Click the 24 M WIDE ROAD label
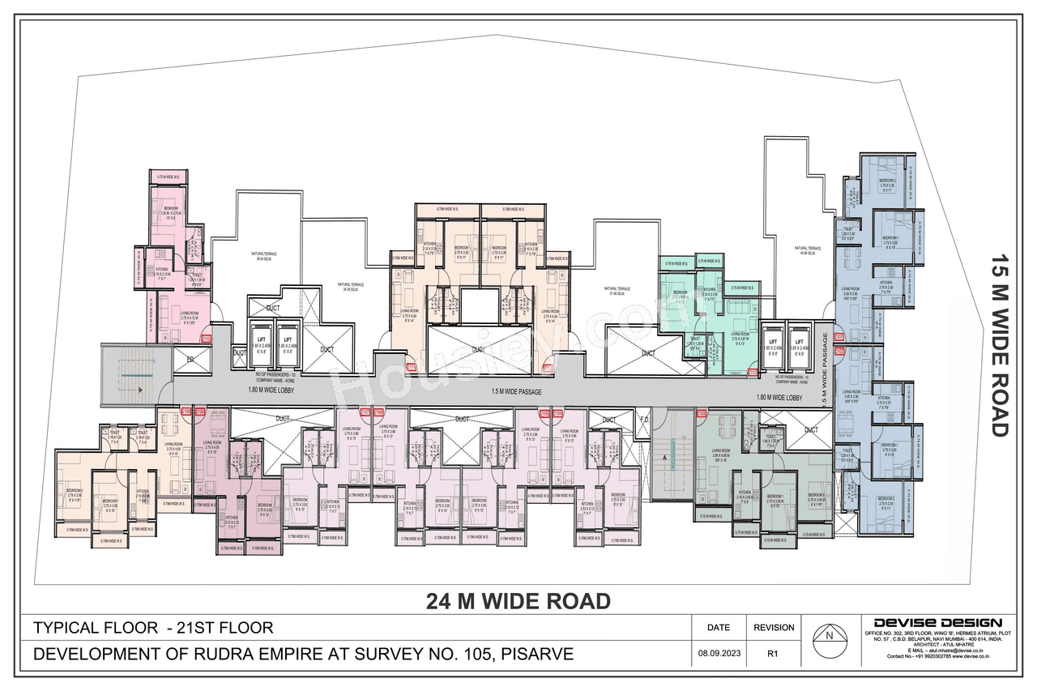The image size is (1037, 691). [518, 601]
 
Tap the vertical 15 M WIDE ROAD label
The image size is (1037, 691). [1002, 346]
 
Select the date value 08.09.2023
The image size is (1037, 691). [718, 653]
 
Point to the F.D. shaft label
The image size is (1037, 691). [644, 420]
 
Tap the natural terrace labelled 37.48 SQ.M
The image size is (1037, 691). [619, 291]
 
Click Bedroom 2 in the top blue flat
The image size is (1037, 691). [887, 181]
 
